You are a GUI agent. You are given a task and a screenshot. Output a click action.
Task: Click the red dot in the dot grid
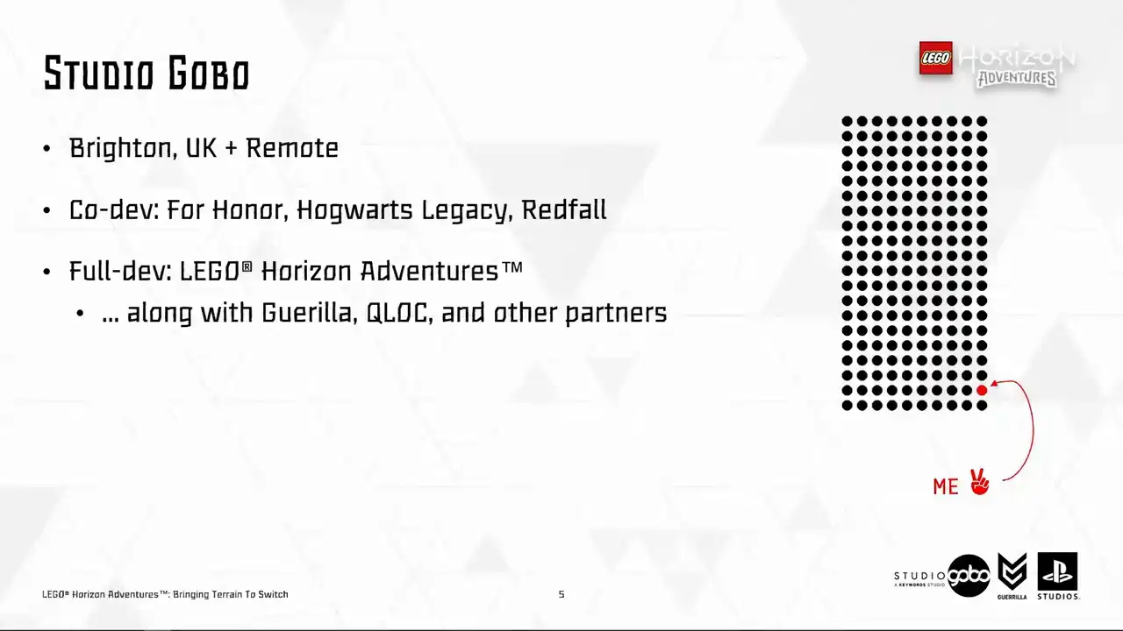coord(982,390)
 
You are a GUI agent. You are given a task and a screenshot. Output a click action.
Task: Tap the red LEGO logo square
coord(935,58)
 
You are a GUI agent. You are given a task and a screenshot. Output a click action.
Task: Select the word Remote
coord(292,148)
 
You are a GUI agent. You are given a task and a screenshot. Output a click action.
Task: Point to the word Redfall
coord(564,209)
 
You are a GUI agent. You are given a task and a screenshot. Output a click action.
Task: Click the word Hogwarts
coord(354,210)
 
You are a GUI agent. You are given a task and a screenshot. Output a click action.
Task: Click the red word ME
coord(946,486)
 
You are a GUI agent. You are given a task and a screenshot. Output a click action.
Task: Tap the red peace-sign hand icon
coord(979,482)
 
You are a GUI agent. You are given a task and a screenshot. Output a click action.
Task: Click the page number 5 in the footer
coord(561,594)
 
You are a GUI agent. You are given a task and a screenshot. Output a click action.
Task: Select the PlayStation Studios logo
coord(1058,576)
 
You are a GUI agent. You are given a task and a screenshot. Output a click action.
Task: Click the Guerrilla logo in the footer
coord(1012,576)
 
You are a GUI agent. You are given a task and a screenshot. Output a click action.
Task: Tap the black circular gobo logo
coord(969,576)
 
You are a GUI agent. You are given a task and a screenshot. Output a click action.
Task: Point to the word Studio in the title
coord(99,74)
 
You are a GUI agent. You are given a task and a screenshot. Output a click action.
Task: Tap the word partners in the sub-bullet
coord(616,314)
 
